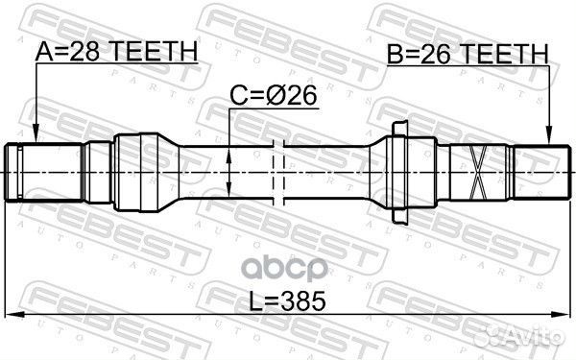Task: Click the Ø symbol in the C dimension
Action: (281, 97)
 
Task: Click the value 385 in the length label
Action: (306, 300)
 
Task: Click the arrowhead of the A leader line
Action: (35, 138)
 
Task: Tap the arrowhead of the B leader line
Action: (550, 138)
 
